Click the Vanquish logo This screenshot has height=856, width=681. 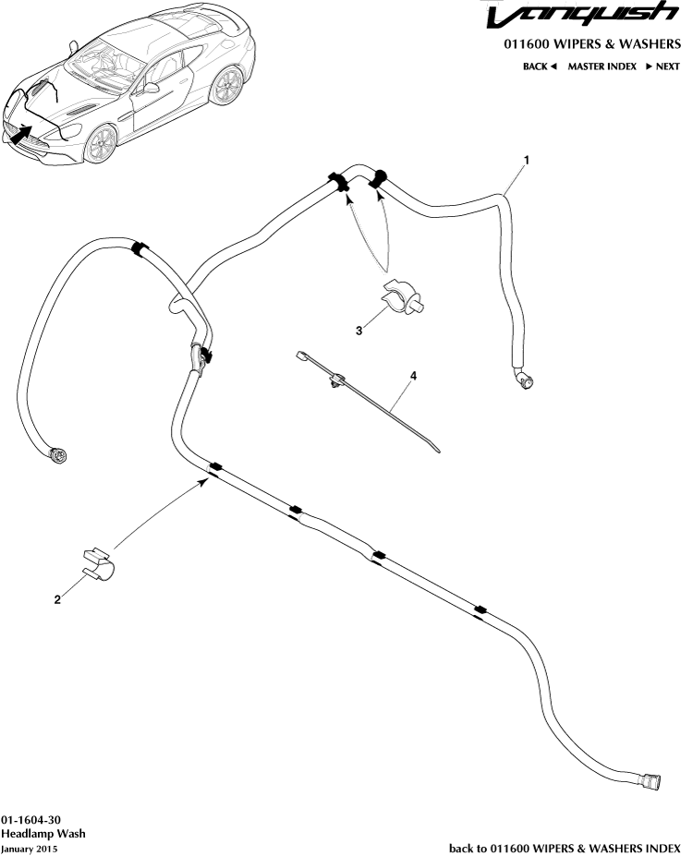582,16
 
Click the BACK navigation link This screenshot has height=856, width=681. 540,66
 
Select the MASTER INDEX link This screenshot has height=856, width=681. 602,66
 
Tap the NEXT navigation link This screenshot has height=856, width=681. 663,66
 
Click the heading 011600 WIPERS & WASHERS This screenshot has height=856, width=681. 592,43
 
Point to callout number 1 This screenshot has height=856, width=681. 527,160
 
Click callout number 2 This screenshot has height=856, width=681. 57,599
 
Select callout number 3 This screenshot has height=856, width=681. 359,331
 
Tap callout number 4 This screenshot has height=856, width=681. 413,376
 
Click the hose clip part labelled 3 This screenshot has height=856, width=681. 403,296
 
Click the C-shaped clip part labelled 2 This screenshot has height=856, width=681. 99,564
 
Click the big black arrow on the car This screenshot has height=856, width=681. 20,134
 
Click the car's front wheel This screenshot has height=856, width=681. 101,144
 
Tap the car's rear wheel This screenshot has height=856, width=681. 226,86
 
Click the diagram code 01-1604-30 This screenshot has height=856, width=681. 30,819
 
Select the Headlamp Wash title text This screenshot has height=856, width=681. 43,834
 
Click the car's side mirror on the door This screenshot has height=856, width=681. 152,88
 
